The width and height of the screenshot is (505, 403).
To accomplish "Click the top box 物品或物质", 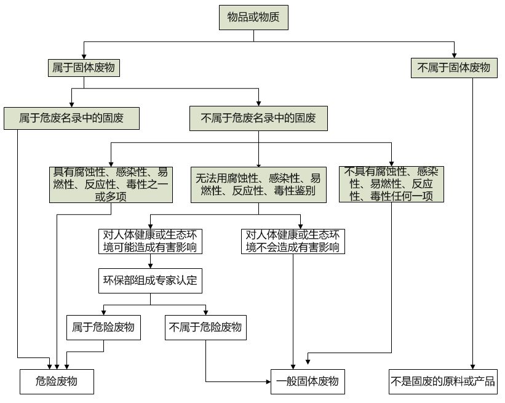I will coord(253,18).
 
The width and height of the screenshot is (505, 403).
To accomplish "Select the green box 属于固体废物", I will coord(83,68).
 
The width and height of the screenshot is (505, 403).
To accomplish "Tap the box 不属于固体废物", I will coord(454,68).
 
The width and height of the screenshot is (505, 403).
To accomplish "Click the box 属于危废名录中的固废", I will coord(71,118).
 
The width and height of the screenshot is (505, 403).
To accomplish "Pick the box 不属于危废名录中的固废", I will coord(258,118).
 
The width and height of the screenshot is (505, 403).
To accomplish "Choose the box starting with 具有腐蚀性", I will coord(111,184).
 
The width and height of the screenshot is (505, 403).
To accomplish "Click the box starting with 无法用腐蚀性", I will coord(258,185).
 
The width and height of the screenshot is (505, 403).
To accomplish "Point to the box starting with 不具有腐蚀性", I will coord(391,184).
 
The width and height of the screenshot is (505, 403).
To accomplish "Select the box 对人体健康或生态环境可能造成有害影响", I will coord(151,241).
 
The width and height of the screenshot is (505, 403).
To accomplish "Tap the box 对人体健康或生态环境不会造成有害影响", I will coord(293,241).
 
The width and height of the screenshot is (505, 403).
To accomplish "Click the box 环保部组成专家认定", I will coord(151,281).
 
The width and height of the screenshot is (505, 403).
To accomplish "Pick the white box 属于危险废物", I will coord(103,327).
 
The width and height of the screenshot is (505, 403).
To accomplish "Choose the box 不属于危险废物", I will coord(205,327).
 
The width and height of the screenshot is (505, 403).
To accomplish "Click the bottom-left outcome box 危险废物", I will coord(57,381).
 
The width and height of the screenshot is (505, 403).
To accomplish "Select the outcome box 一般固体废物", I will coord(308,381).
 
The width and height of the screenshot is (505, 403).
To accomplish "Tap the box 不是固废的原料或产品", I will coord(443,381).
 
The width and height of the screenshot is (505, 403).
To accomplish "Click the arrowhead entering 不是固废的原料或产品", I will coord(473,366).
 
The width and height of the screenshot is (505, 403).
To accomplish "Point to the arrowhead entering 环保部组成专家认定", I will coord(151,265).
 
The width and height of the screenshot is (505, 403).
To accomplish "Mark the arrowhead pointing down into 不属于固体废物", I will coord(454,55).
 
